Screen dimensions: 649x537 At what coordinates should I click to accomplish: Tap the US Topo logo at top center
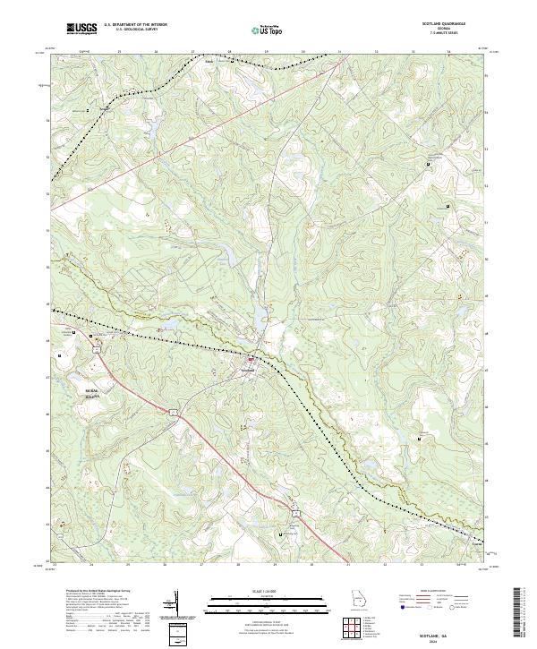coord(260,30)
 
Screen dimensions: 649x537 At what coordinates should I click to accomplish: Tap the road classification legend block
coord(434,605)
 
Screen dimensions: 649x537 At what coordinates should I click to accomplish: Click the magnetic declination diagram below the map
coord(176,608)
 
